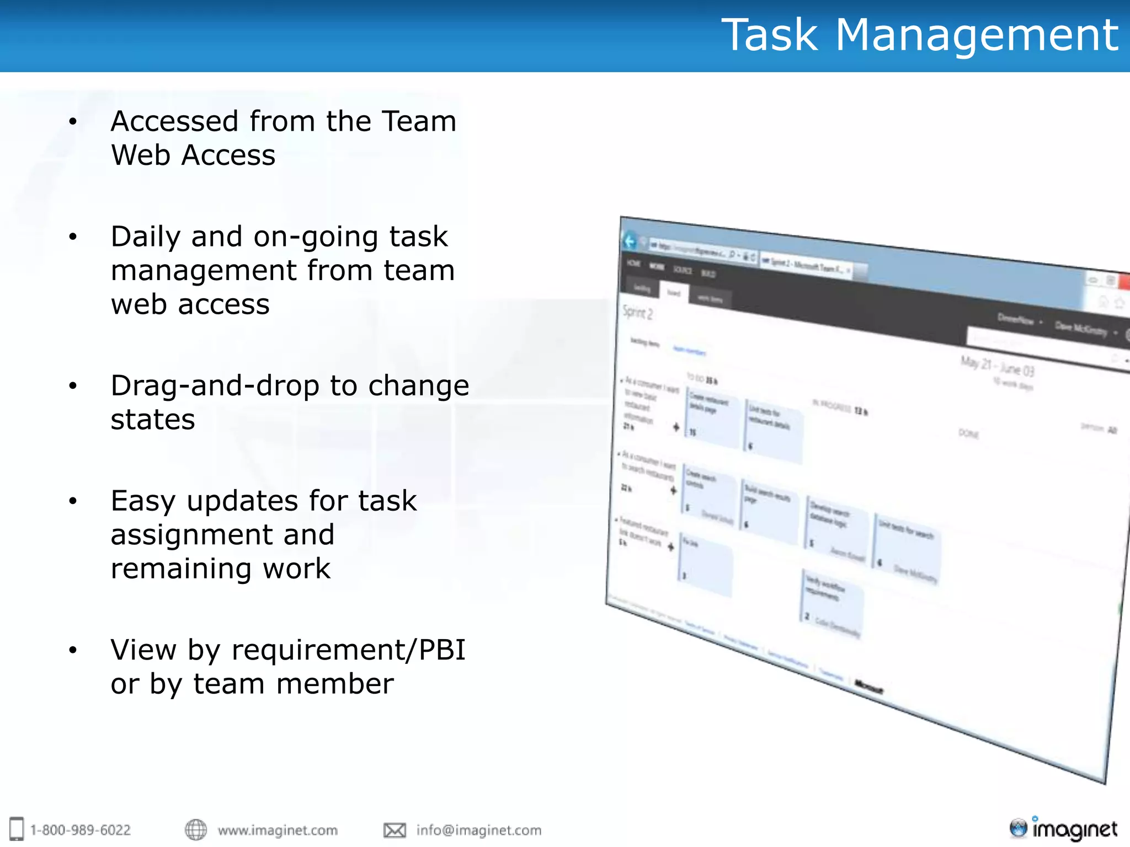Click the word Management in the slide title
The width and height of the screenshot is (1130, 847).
(x=977, y=35)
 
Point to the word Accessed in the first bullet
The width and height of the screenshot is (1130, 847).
(x=174, y=121)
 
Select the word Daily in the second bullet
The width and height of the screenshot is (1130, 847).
(x=146, y=237)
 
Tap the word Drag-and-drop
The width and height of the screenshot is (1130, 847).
(x=215, y=385)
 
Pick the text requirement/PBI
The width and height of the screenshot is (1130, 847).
(x=349, y=650)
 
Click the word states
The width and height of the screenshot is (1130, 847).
(x=153, y=420)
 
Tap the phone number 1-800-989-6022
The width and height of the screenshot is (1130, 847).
(x=81, y=830)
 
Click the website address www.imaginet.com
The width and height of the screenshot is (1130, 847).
(x=278, y=830)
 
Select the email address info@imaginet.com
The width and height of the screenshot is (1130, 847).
(x=479, y=830)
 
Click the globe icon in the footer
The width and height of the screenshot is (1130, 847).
(x=196, y=829)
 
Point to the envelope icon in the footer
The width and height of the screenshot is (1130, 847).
(x=395, y=830)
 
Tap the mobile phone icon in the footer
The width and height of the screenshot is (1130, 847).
(x=17, y=829)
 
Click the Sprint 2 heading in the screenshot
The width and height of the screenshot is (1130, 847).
(x=637, y=313)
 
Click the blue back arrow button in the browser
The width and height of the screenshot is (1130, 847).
(x=630, y=241)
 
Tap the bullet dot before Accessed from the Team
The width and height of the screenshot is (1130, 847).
(x=73, y=122)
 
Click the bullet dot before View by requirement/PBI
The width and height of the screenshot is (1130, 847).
(x=73, y=651)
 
